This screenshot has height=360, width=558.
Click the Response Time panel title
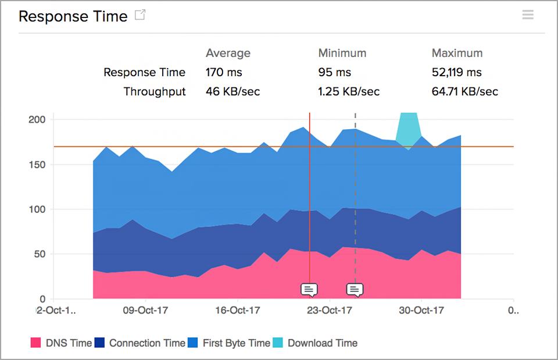point(73,16)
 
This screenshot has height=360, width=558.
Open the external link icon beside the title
point(140,15)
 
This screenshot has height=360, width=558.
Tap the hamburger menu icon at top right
point(528,15)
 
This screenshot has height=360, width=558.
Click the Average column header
point(228,53)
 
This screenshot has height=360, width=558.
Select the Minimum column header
point(342,53)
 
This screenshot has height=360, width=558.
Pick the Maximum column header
point(457,53)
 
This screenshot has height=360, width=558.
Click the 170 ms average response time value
point(224,73)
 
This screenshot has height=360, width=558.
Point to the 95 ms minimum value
point(334,73)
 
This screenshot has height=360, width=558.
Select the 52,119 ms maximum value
point(457,73)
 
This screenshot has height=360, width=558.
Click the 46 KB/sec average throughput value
point(233,91)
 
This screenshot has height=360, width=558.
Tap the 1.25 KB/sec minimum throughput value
point(349,91)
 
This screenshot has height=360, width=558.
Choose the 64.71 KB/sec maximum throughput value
point(465,91)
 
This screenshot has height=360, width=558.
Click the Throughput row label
point(155,91)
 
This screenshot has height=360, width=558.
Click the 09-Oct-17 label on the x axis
point(146,310)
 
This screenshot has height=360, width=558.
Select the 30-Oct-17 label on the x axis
point(423,310)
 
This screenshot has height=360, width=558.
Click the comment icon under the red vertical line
point(309,289)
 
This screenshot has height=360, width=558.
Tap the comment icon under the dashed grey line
point(355,289)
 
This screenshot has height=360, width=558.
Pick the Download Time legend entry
point(315,343)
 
